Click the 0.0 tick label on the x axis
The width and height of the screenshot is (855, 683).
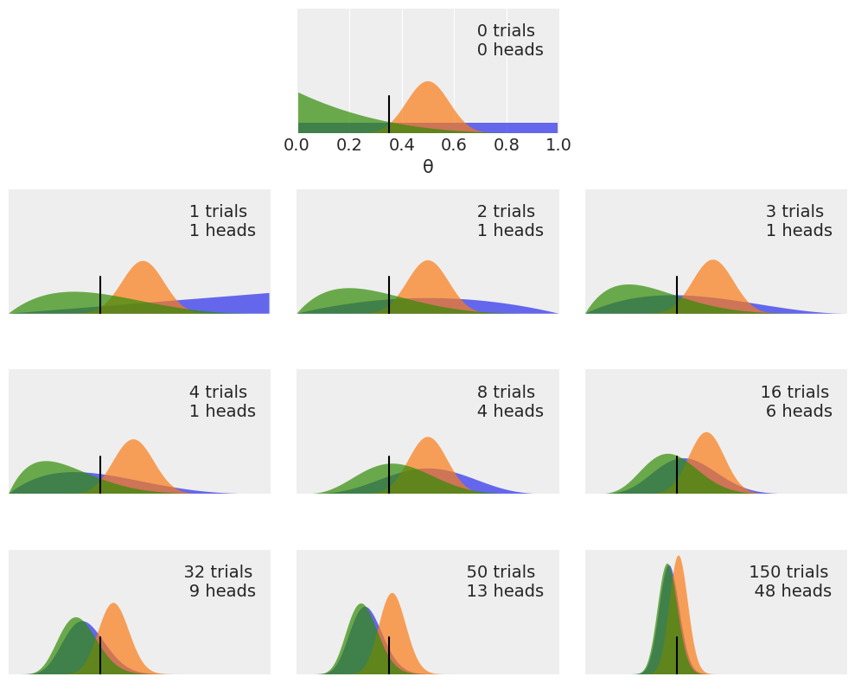point(297,144)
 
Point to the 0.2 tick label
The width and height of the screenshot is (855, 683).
point(349,144)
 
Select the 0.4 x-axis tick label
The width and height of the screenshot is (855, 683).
point(402,144)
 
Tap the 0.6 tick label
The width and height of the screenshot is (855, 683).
point(454,144)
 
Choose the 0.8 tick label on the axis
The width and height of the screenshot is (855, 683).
point(507,144)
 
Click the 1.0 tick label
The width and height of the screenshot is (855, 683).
point(558,144)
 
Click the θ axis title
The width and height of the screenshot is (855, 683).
point(428,167)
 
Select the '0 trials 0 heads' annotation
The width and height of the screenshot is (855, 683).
point(509,41)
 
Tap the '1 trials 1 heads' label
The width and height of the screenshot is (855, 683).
point(222,221)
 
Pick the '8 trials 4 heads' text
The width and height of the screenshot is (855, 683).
point(509,402)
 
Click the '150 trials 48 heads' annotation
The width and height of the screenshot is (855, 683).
point(789,582)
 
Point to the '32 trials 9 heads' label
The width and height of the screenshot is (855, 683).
point(220,582)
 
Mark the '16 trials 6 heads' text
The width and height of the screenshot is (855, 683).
point(796,402)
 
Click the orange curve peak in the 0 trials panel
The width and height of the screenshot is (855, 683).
point(428,83)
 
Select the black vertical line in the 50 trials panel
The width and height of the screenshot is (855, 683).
point(389,654)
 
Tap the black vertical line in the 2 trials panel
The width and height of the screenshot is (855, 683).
point(389,295)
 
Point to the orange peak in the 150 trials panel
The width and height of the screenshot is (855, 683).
point(679,558)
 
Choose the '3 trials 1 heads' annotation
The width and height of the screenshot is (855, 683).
point(798,221)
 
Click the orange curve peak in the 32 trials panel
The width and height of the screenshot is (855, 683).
point(114,604)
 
